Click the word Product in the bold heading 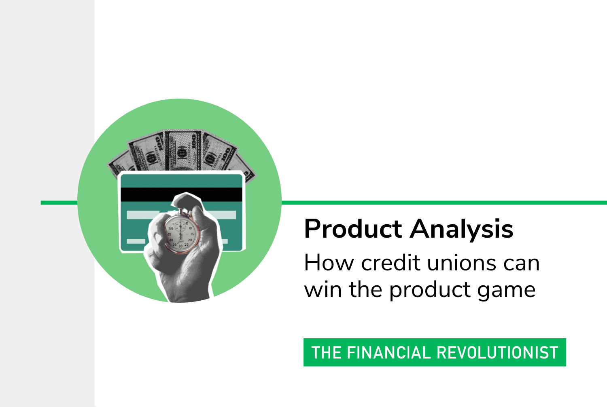(x=353, y=229)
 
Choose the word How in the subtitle (x=329, y=263)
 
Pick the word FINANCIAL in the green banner (x=389, y=352)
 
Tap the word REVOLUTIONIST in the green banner (x=497, y=352)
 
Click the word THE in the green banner (x=327, y=352)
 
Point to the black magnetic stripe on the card (x=181, y=194)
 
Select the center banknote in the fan (x=183, y=151)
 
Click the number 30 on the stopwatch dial (x=180, y=246)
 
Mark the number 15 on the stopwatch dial (x=192, y=234)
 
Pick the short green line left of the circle (x=59, y=202)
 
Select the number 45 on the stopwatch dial (x=169, y=234)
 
